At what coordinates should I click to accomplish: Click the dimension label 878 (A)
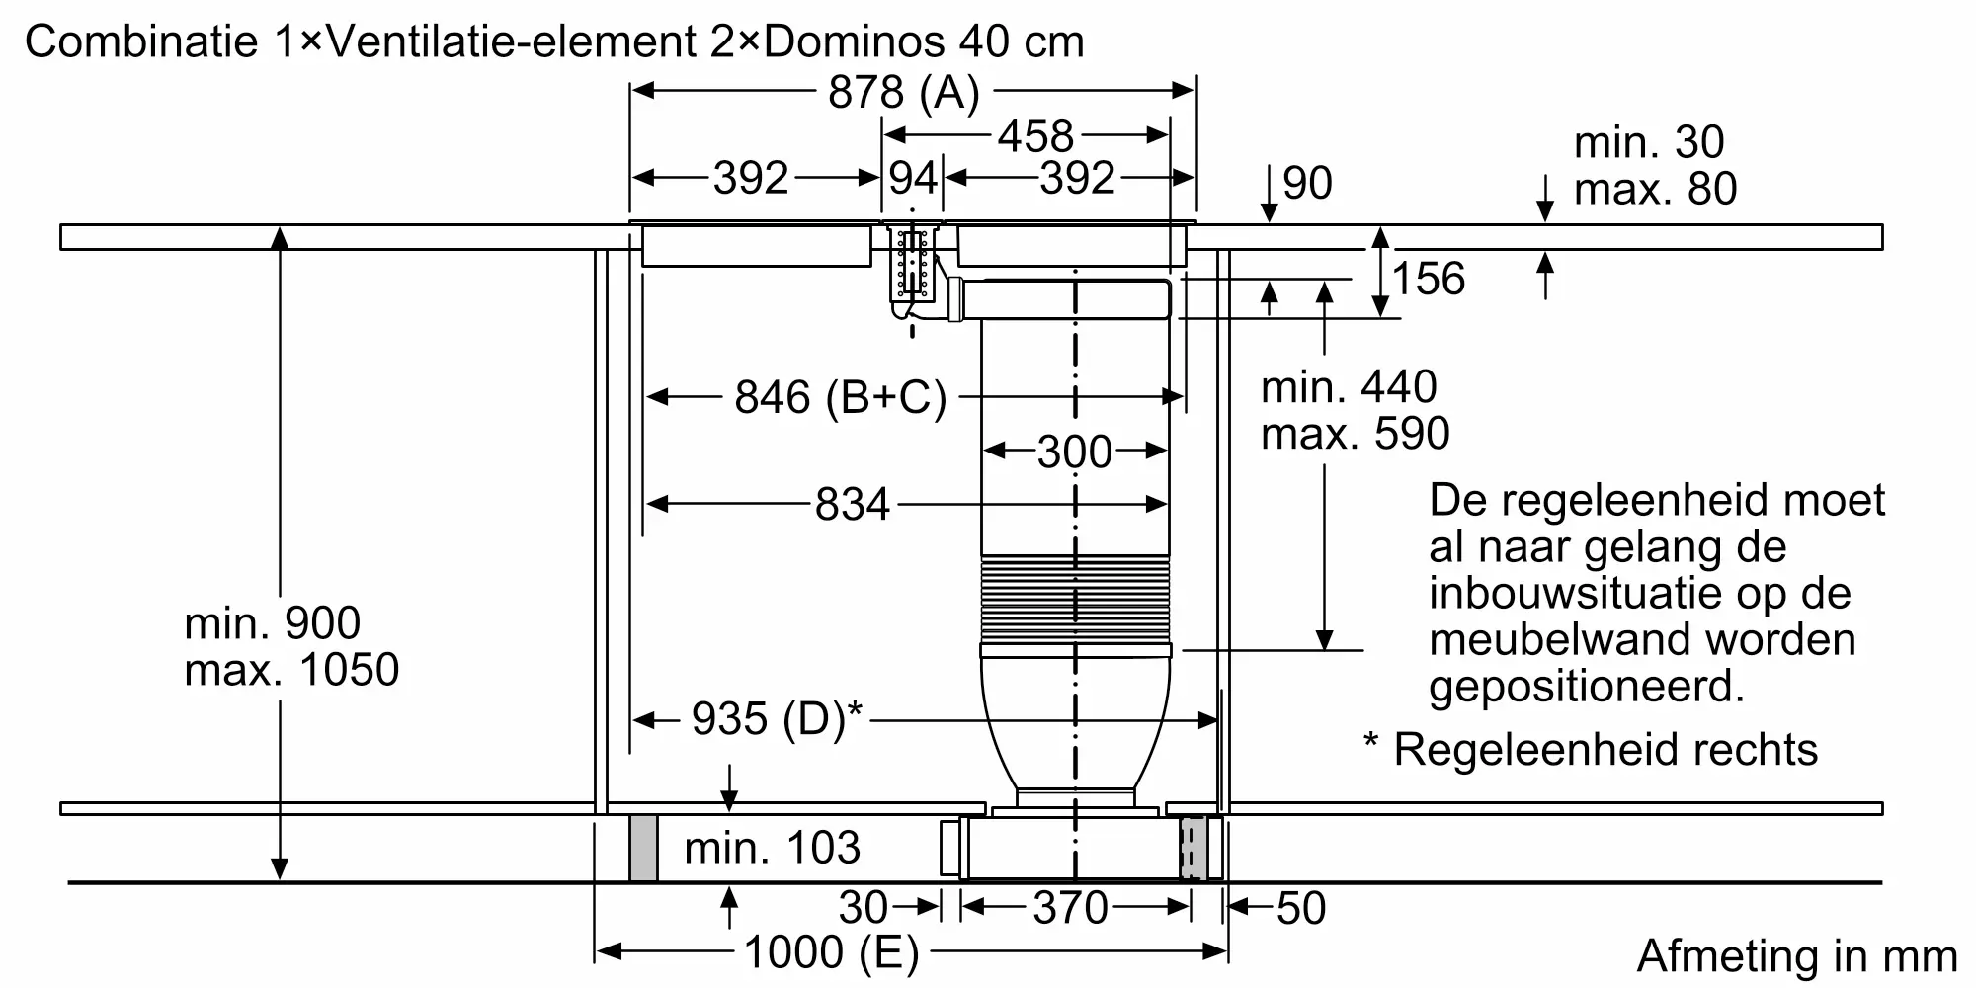903,92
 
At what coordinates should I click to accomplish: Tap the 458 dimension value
1034,136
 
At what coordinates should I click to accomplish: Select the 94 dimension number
912,179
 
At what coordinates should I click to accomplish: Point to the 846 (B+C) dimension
841,397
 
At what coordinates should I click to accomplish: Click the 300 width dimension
1075,453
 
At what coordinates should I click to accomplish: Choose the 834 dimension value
853,505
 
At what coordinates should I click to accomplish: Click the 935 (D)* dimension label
777,719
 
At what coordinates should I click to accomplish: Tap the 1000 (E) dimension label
831,953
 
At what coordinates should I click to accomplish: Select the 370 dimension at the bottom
1071,908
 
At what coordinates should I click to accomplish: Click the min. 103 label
772,848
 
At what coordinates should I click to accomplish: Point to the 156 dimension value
1429,279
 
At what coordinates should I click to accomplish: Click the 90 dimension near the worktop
1307,183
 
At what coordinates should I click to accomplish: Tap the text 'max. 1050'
291,670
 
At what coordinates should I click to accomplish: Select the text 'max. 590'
1356,433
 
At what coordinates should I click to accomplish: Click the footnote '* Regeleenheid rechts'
1591,749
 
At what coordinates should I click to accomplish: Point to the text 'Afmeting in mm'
1797,956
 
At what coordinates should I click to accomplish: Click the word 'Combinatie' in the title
141,41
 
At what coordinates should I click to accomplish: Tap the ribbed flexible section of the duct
1075,599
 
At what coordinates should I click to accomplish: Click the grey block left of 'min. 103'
643,849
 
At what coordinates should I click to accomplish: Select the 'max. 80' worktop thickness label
1655,189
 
